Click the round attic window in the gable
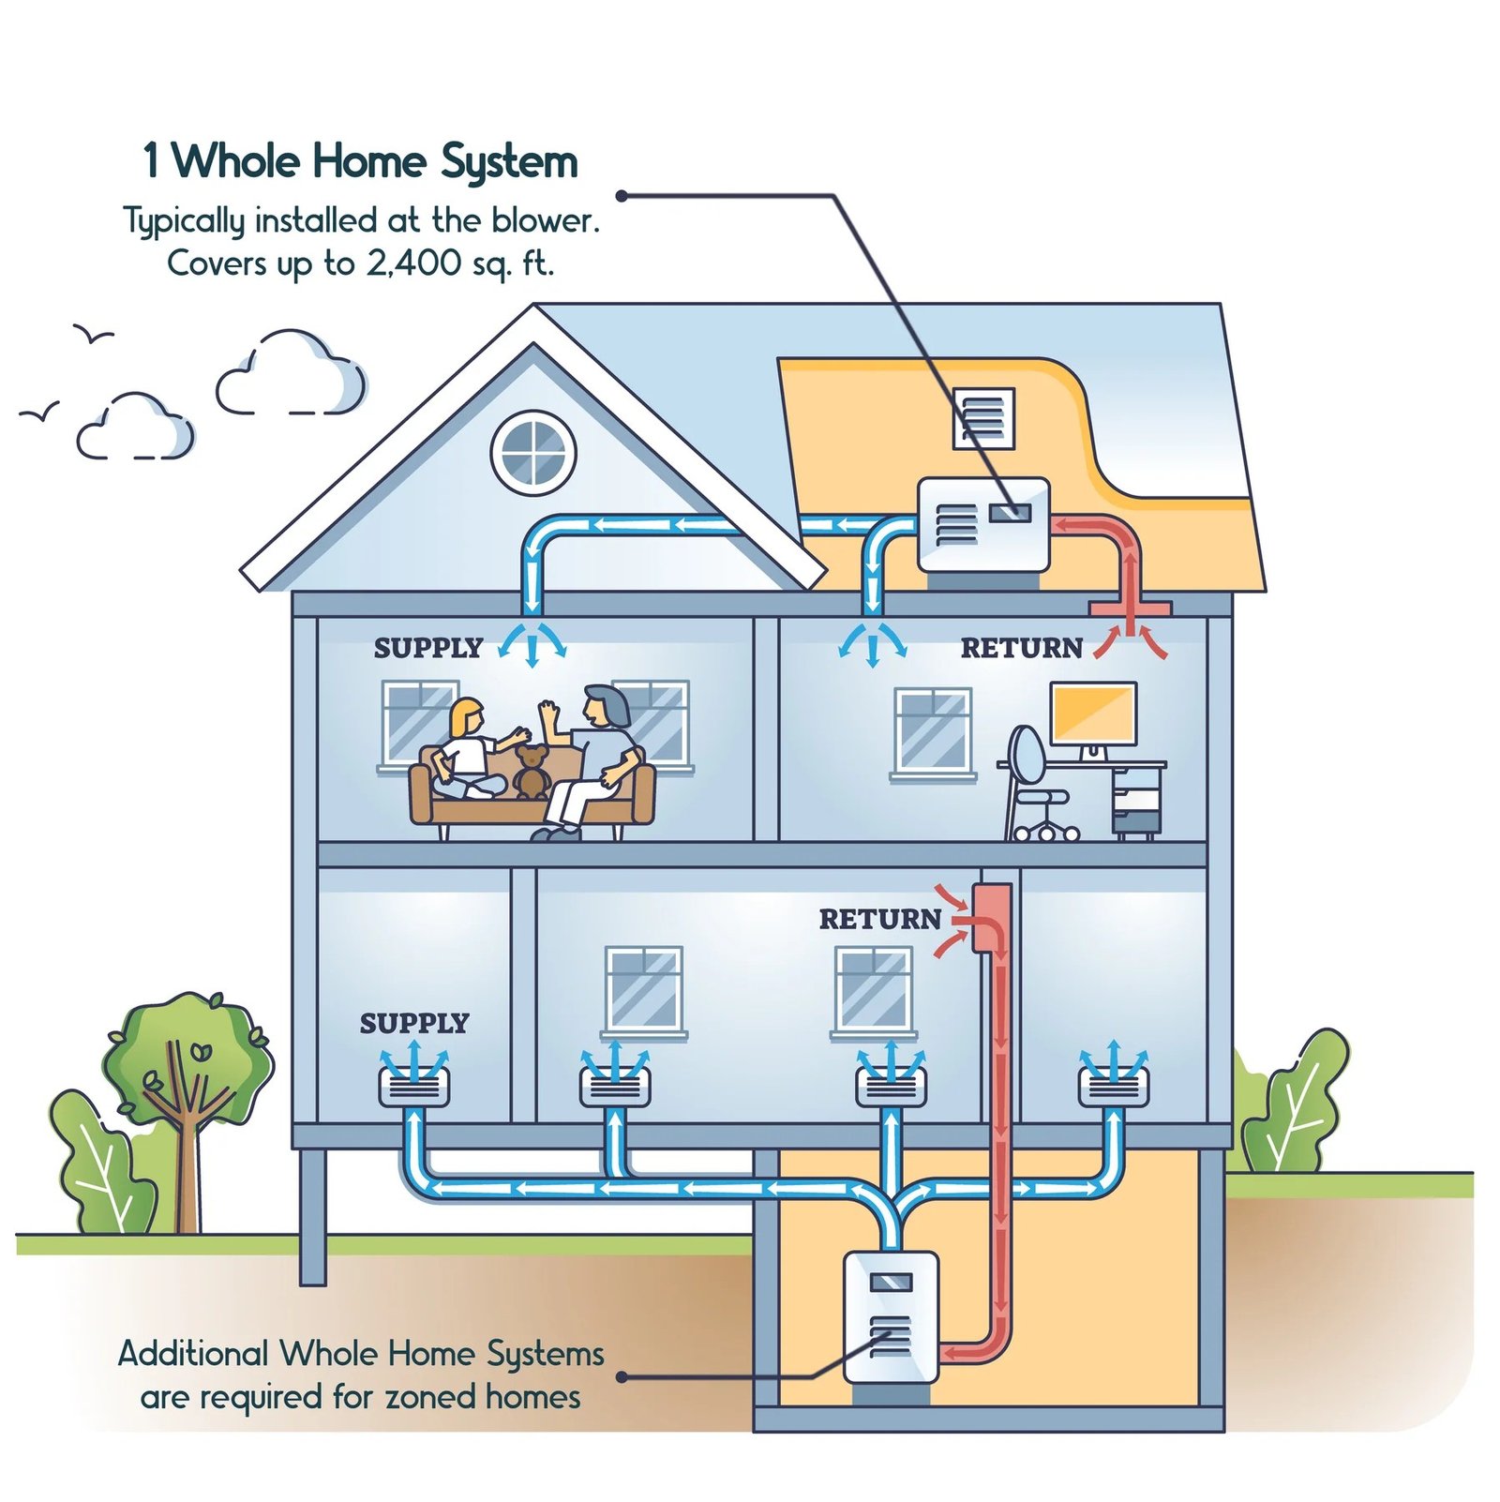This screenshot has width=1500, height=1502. click(x=533, y=452)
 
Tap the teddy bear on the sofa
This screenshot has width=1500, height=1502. click(x=532, y=771)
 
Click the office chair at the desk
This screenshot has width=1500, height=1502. click(x=1035, y=783)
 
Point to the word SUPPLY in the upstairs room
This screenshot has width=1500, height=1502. click(x=427, y=648)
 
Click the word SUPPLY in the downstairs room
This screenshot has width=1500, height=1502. click(x=413, y=1023)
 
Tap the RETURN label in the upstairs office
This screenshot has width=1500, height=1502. click(x=1021, y=648)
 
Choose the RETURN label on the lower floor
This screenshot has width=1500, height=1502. click(x=879, y=919)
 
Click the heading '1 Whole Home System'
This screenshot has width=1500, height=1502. click(x=360, y=161)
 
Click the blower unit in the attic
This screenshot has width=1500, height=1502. click(x=982, y=524)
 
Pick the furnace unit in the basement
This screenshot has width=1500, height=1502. click(x=891, y=1316)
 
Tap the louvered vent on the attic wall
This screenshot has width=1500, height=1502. click(x=983, y=418)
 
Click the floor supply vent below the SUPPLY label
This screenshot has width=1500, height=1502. click(x=413, y=1088)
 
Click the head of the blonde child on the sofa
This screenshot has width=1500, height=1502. click(x=466, y=717)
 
